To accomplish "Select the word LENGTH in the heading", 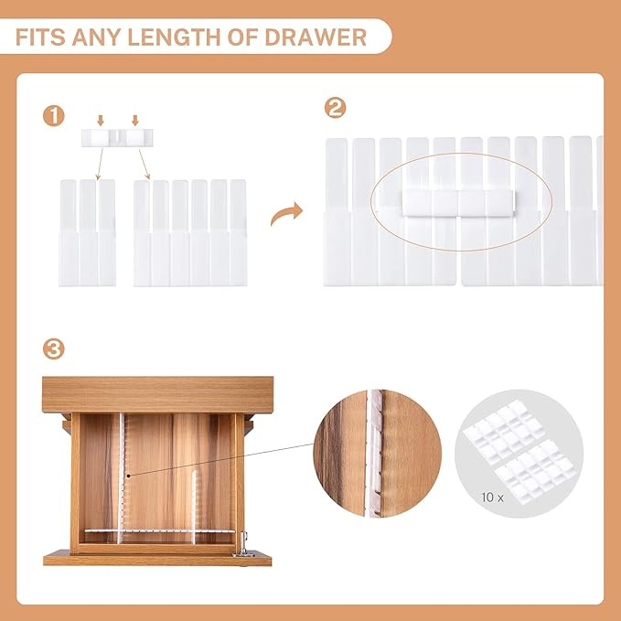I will pos(183,37).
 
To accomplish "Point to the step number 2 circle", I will pos(336,109).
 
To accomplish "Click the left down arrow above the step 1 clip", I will pos(100,120).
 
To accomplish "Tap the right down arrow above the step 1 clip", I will pos(134,120).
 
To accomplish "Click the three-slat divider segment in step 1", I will pos(88,232).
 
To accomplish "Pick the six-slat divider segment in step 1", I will pos(190,232).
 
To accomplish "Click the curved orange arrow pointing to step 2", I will pos(287,216).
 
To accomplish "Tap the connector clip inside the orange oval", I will pos(458,201).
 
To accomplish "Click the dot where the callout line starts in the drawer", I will pos(129,475).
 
